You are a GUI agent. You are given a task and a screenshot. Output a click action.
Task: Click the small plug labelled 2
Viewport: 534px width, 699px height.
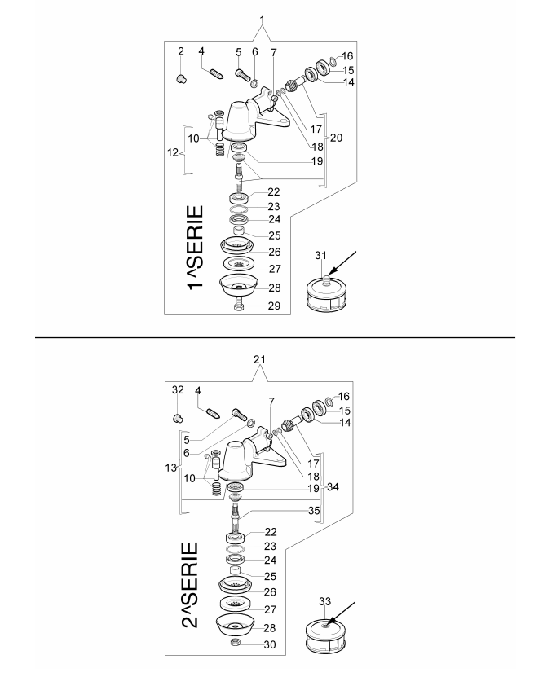(182, 78)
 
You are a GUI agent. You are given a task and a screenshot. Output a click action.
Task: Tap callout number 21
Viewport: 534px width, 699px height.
(262, 359)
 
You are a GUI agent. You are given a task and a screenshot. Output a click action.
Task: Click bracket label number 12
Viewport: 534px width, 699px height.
(171, 152)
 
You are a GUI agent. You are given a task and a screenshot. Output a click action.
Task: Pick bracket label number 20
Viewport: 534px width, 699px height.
(335, 137)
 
